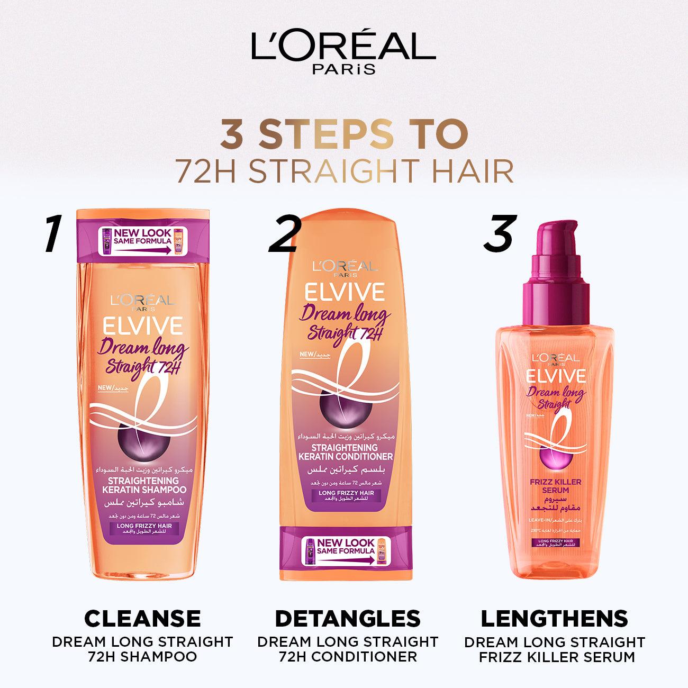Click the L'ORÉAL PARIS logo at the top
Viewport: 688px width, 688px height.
343,53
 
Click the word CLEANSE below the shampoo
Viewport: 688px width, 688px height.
143,618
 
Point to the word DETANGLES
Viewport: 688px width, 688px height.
348,618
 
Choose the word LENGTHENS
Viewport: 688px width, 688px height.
555,618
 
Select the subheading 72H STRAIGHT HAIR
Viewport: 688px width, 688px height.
343,170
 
